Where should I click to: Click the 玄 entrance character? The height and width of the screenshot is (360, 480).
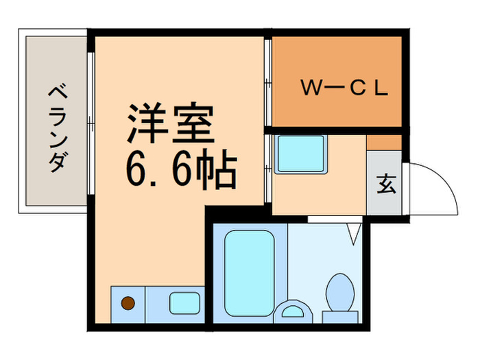click(386, 185)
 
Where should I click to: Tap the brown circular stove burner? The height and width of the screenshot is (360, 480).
click(128, 302)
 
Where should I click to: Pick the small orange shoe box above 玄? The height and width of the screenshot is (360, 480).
click(384, 142)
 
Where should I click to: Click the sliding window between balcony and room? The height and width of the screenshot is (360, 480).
click(91, 120)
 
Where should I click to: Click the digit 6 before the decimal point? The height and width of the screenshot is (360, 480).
click(137, 171)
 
